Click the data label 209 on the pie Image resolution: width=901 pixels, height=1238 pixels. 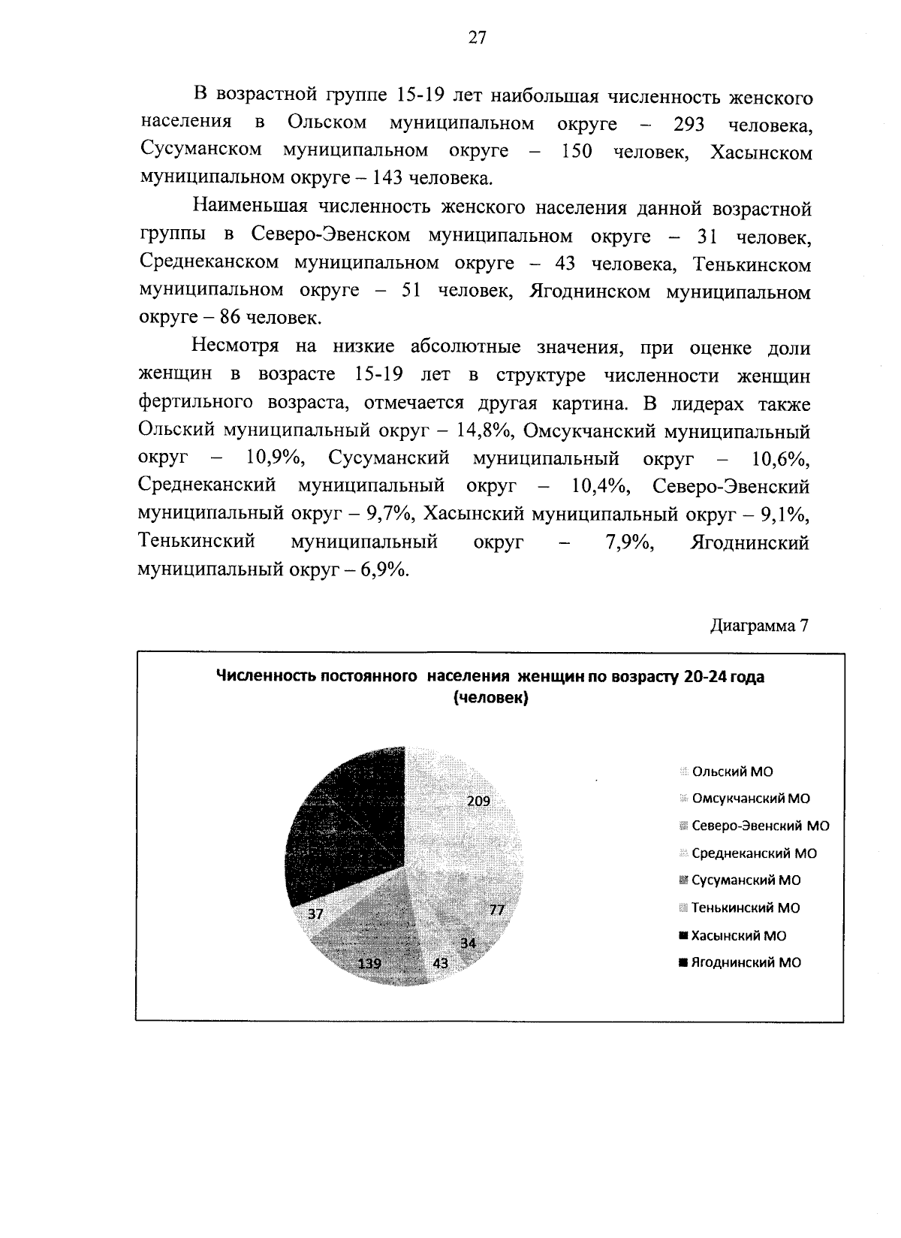click(478, 801)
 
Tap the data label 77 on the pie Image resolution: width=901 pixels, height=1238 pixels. click(497, 910)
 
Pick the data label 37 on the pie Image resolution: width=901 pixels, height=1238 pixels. click(315, 913)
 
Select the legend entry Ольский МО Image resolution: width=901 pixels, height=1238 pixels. click(731, 771)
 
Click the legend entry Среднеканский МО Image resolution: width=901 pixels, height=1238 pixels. click(753, 853)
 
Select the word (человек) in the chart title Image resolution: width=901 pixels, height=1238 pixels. click(490, 698)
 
